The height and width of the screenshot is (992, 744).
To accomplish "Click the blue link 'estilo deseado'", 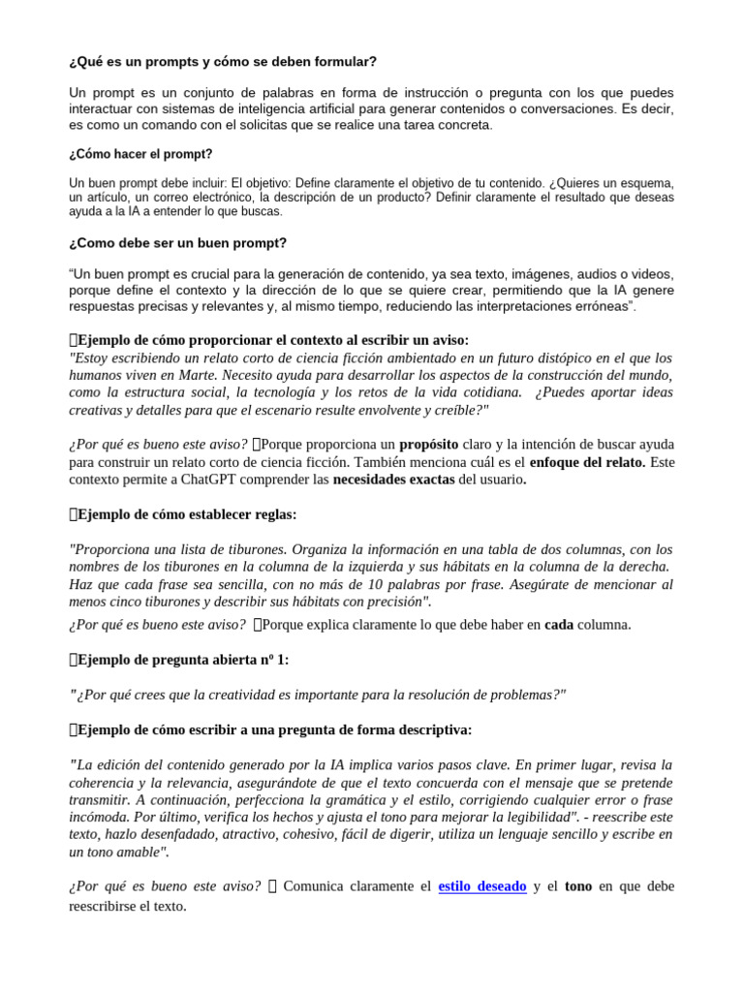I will pos(482,886).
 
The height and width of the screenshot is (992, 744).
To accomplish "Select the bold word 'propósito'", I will pos(431,445).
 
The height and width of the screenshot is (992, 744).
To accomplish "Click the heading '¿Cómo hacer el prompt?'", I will pos(140,154).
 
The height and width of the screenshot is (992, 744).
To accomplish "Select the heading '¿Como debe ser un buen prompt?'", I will pos(177,242).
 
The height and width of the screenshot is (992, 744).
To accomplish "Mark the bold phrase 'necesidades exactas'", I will pos(393,480).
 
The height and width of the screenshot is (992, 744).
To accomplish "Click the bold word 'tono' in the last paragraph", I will pos(577,886).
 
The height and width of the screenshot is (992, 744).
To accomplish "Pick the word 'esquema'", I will pos(641,182).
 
